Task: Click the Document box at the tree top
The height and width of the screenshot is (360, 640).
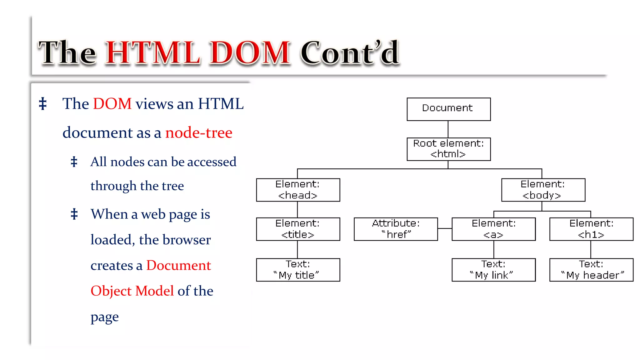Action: tap(448, 109)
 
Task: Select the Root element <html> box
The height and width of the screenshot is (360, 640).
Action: tap(448, 149)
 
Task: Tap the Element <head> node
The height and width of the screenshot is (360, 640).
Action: tap(298, 190)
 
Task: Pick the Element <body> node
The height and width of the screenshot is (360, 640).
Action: tap(543, 190)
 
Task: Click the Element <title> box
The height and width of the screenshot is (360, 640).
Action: tap(298, 229)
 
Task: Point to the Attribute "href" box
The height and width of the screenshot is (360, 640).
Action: tap(396, 229)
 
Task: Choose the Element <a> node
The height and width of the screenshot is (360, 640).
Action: tap(493, 229)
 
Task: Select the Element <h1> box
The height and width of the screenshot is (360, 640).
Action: tap(591, 229)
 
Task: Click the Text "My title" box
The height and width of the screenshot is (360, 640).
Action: tap(298, 270)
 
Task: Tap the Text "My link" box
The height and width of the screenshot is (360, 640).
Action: tap(493, 270)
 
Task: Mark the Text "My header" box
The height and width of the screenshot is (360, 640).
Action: tap(591, 270)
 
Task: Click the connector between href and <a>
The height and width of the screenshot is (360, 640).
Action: tap(445, 229)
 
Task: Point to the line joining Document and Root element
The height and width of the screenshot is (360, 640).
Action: tap(448, 129)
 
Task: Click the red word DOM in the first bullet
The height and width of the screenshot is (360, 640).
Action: tap(112, 104)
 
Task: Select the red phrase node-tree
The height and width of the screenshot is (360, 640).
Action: tap(199, 133)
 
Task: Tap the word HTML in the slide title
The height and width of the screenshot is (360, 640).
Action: tap(153, 53)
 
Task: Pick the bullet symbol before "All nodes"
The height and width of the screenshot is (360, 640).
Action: tap(74, 162)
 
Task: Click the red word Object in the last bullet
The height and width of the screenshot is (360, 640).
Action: tap(111, 291)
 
